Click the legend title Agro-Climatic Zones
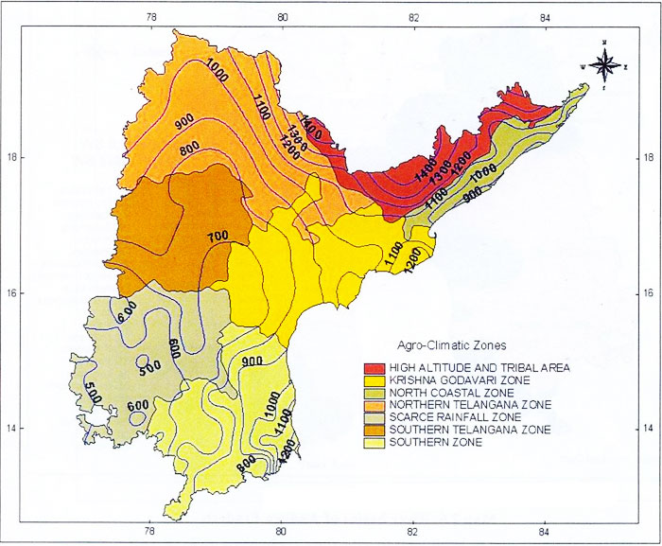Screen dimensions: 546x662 442,344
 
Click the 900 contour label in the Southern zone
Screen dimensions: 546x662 252,361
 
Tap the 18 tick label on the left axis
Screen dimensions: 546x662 11,157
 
